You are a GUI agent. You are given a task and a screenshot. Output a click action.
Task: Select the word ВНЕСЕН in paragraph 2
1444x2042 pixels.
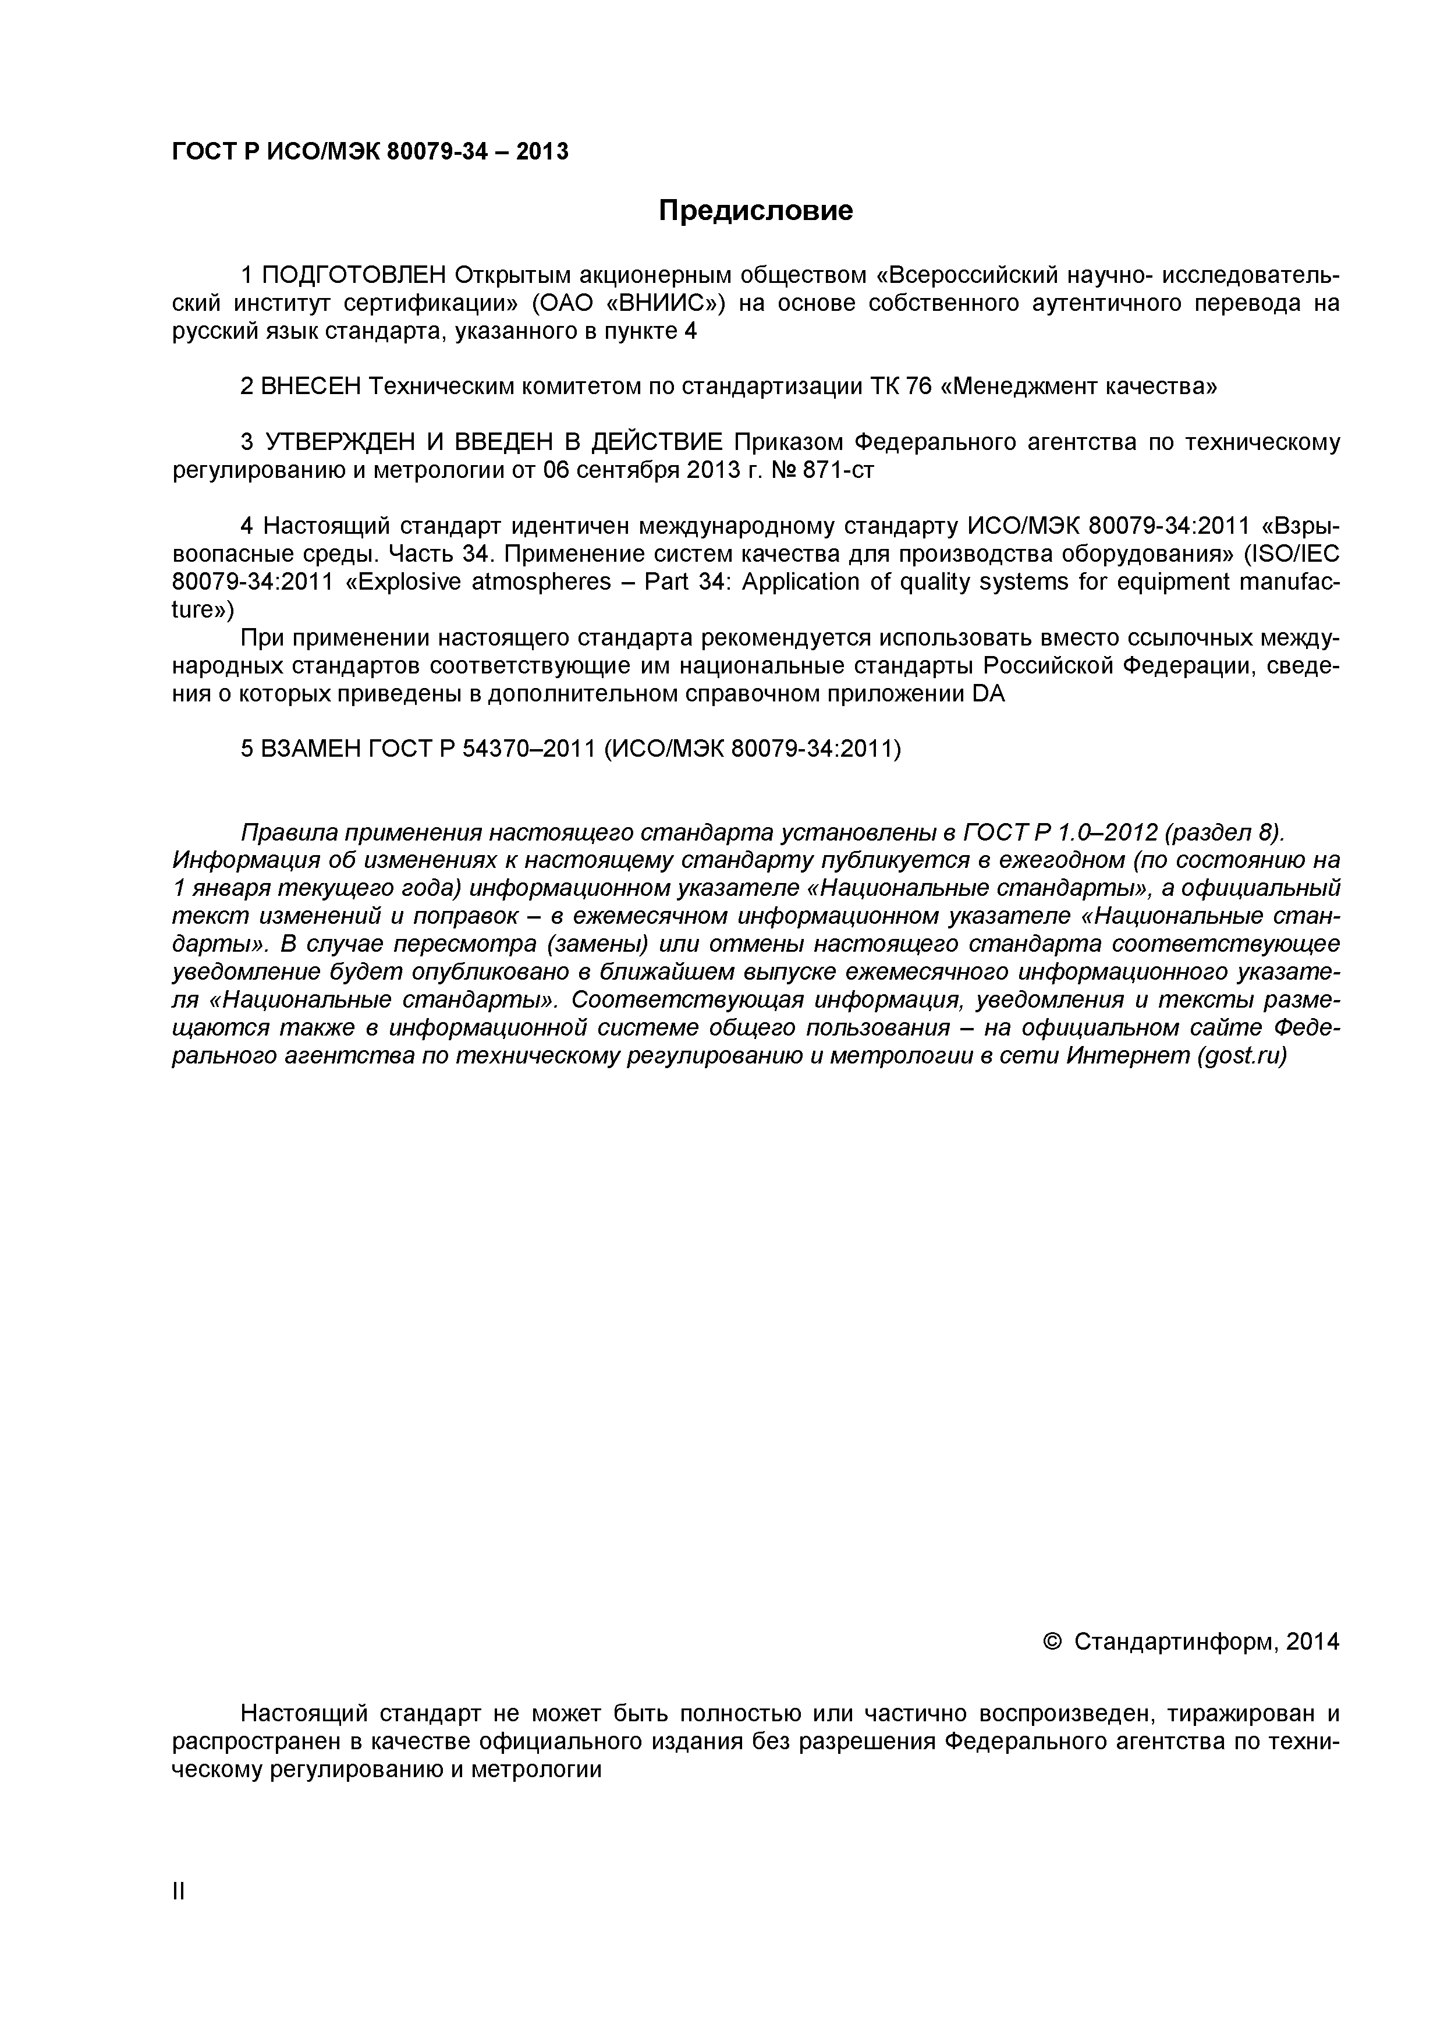[x=312, y=387]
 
